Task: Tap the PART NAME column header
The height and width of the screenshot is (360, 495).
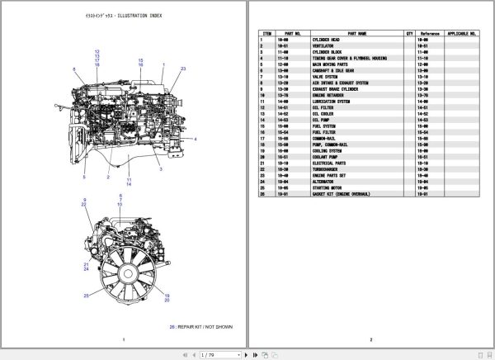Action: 334,34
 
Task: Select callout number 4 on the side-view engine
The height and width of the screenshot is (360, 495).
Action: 196,139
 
